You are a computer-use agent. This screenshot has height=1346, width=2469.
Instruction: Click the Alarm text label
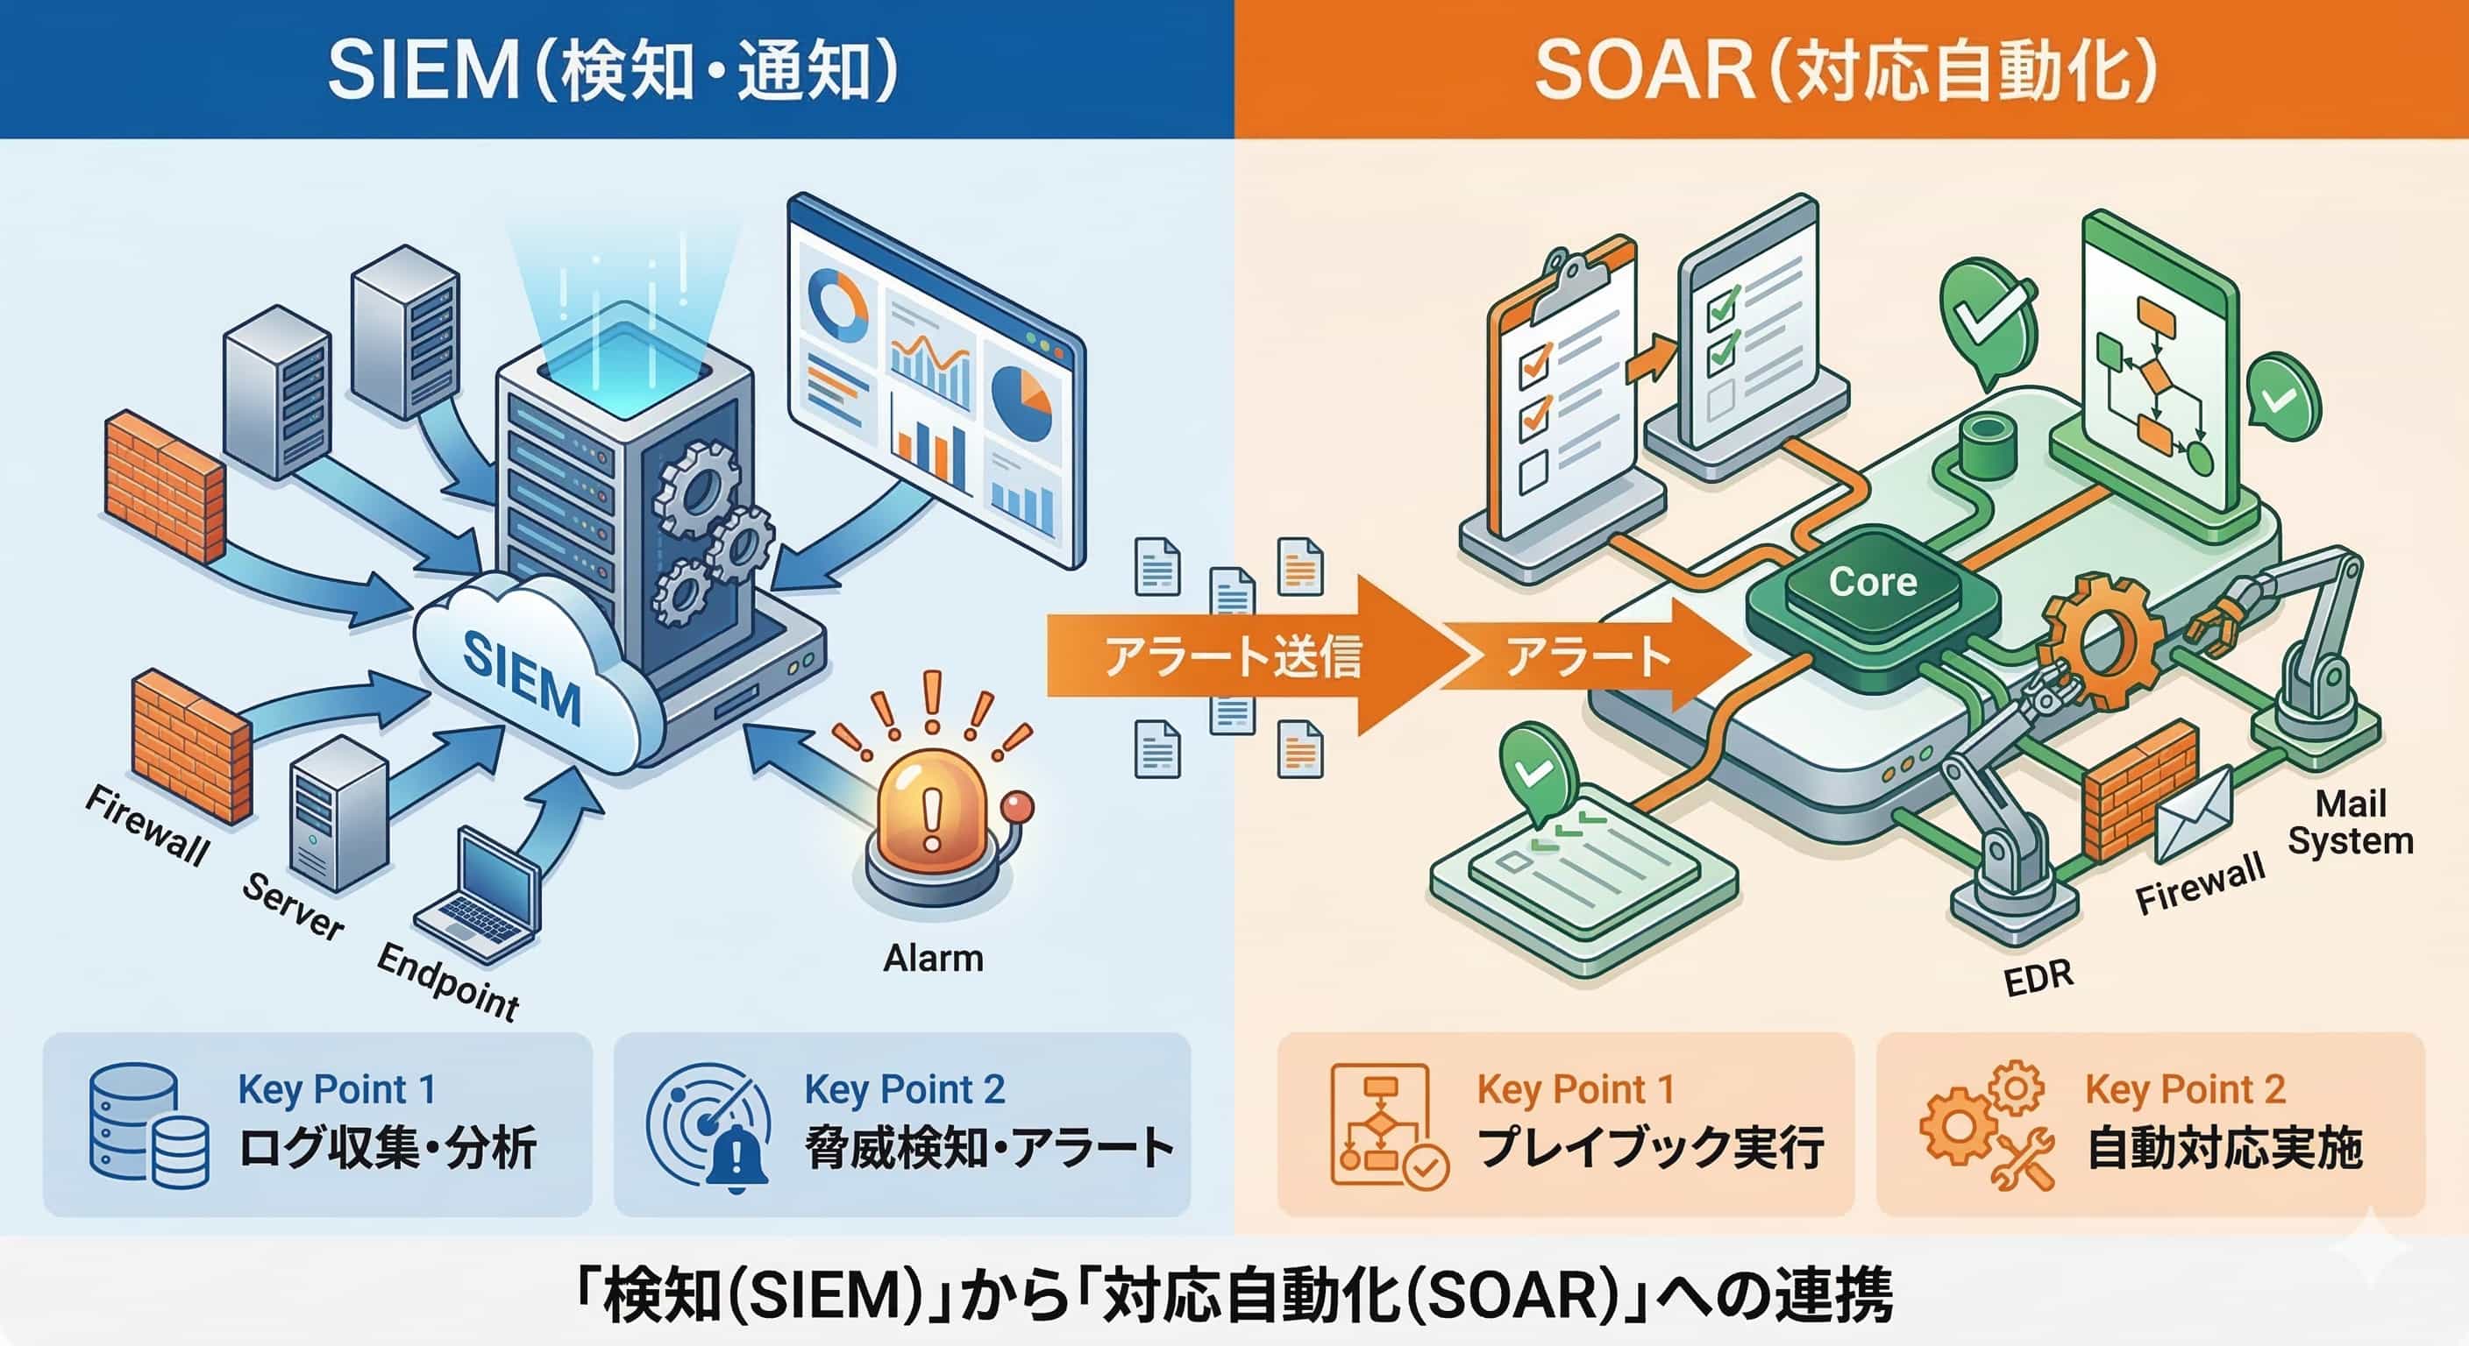933,957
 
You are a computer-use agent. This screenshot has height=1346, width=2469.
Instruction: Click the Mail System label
2349,821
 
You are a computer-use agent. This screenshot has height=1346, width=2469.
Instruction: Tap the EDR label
2039,977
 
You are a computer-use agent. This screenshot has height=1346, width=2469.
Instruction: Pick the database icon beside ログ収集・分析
148,1127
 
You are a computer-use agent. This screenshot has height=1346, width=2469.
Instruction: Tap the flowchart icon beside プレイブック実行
1389,1127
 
